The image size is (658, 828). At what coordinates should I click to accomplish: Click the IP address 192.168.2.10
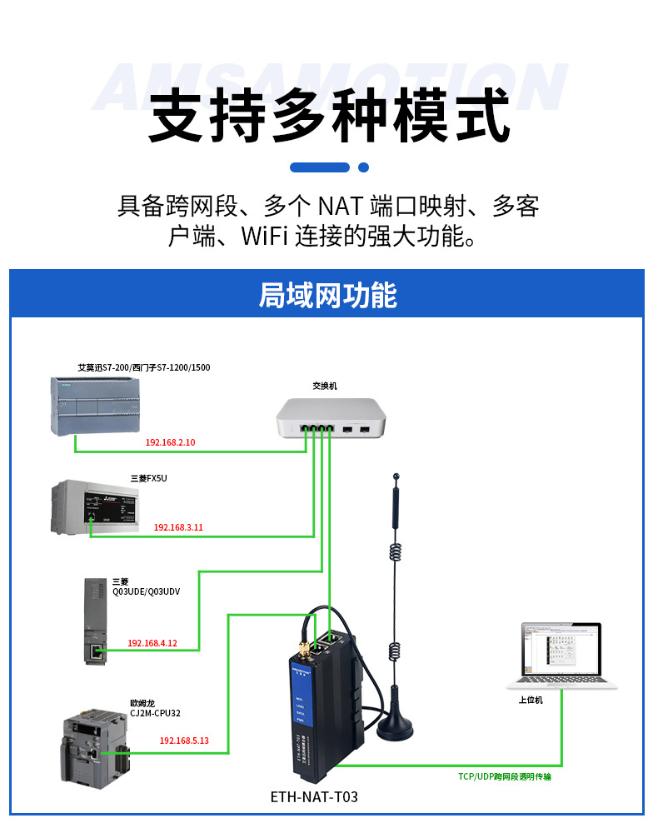tap(170, 442)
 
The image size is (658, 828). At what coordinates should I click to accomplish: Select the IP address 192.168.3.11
tap(178, 527)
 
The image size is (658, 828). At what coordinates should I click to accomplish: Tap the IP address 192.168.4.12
tap(152, 643)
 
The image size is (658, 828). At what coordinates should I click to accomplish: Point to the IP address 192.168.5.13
tap(183, 741)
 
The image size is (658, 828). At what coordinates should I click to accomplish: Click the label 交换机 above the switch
tap(325, 386)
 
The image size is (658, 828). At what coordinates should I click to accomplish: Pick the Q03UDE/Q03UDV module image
tap(97, 620)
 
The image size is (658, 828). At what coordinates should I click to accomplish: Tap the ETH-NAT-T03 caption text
tap(314, 797)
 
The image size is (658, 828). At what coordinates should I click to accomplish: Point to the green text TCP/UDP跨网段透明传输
tap(505, 776)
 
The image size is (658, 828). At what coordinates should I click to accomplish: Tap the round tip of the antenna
tap(396, 478)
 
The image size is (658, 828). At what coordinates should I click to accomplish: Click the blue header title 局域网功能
tap(328, 295)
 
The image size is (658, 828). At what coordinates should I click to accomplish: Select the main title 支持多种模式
tap(328, 117)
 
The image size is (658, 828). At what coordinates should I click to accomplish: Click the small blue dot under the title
tap(363, 167)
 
